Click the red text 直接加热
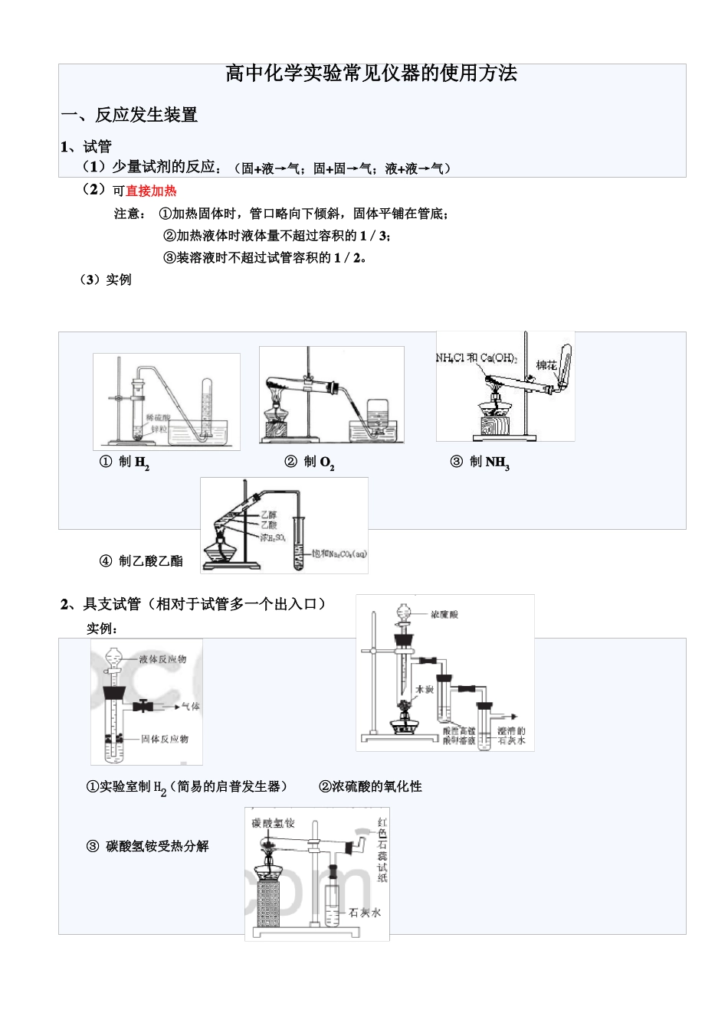click(151, 191)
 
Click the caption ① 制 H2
click(124, 462)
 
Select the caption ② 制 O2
click(309, 462)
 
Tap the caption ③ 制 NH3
click(479, 462)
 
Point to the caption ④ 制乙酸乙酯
click(142, 561)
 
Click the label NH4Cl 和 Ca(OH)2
click(476, 358)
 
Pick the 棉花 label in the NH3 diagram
click(546, 365)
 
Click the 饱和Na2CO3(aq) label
click(339, 554)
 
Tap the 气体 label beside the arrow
click(190, 706)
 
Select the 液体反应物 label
click(162, 659)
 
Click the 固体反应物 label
click(164, 739)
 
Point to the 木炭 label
click(425, 689)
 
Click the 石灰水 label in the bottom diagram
click(364, 913)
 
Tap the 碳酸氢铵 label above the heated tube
click(273, 822)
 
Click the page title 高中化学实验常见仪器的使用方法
click(372, 73)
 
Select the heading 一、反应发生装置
click(130, 115)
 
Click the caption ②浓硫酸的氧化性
click(370, 786)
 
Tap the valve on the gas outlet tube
click(143, 706)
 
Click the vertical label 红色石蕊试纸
click(382, 850)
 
